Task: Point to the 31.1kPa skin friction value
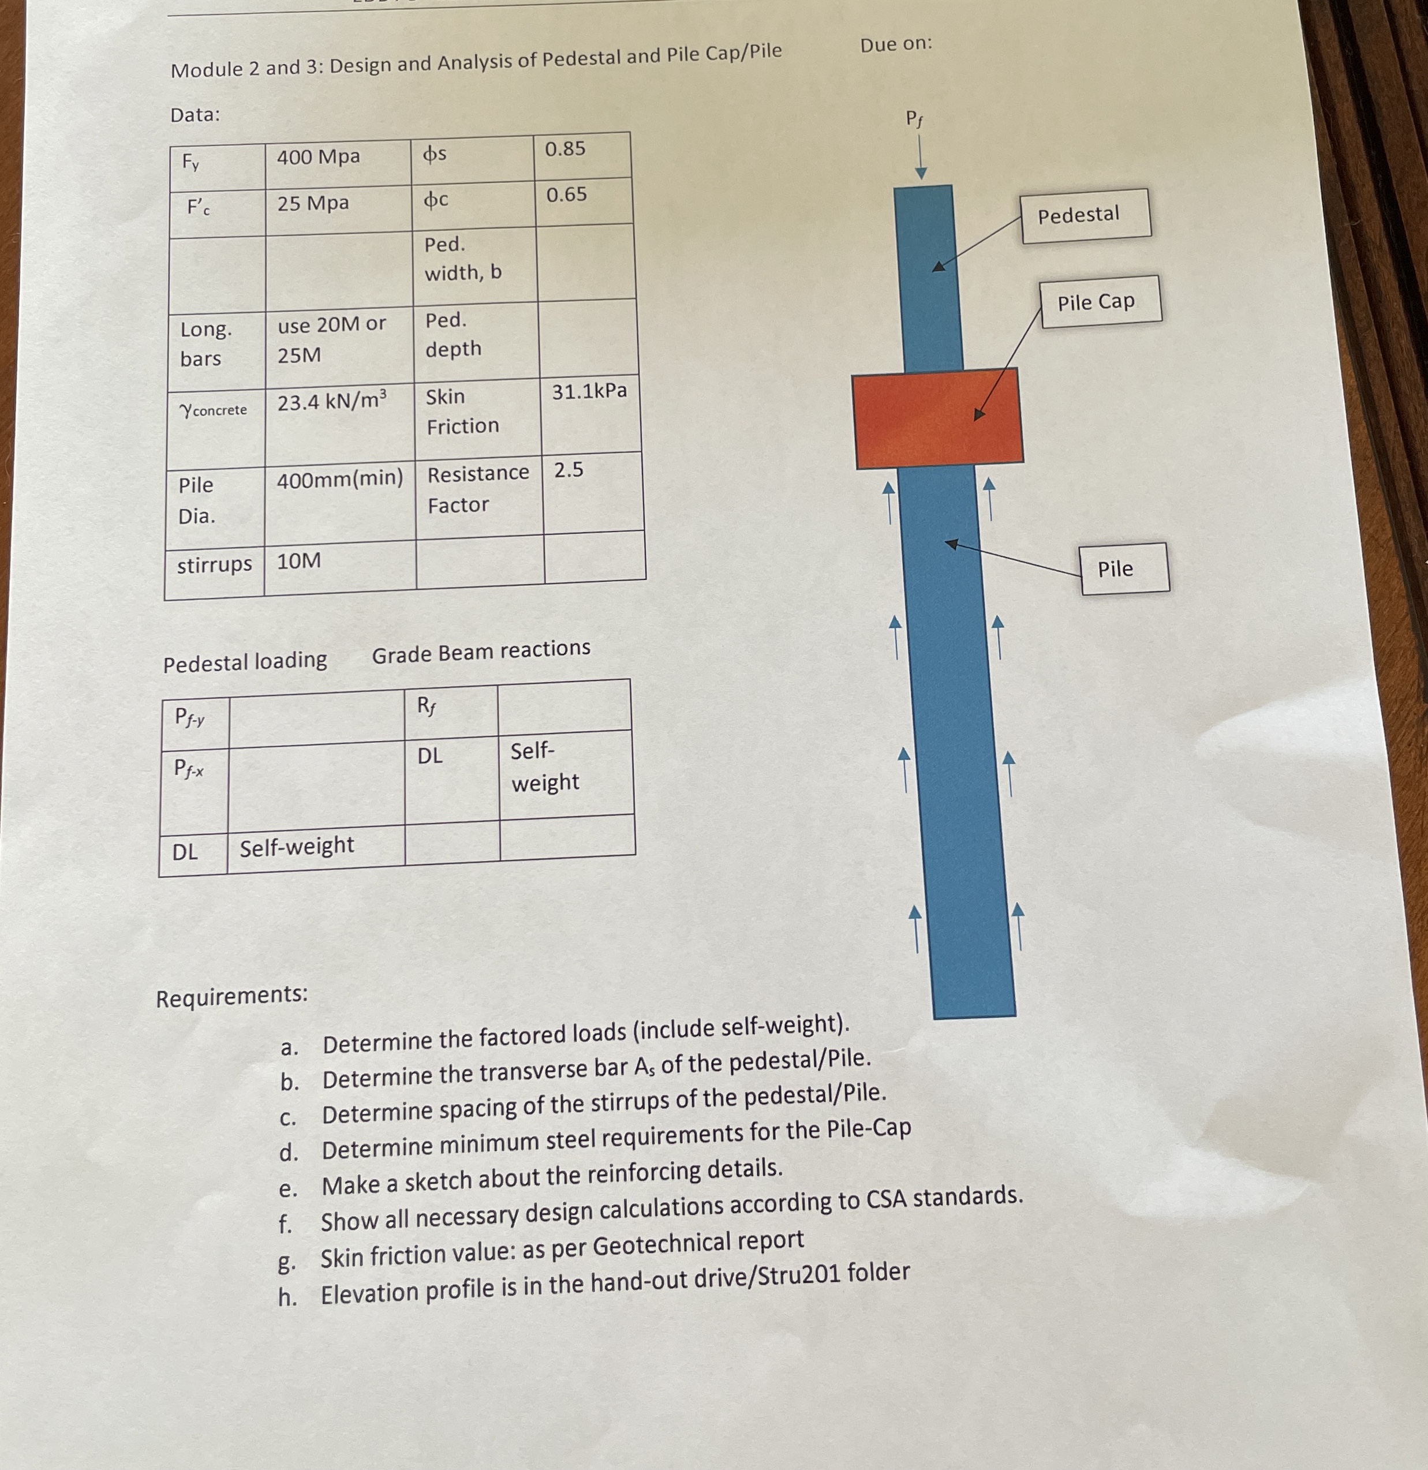pos(589,391)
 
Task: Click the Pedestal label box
pos(1085,215)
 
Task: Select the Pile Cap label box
pos(1100,301)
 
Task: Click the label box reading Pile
pos(1123,568)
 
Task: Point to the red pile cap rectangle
pos(937,418)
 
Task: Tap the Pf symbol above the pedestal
pos(914,118)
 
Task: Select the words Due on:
pos(896,44)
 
